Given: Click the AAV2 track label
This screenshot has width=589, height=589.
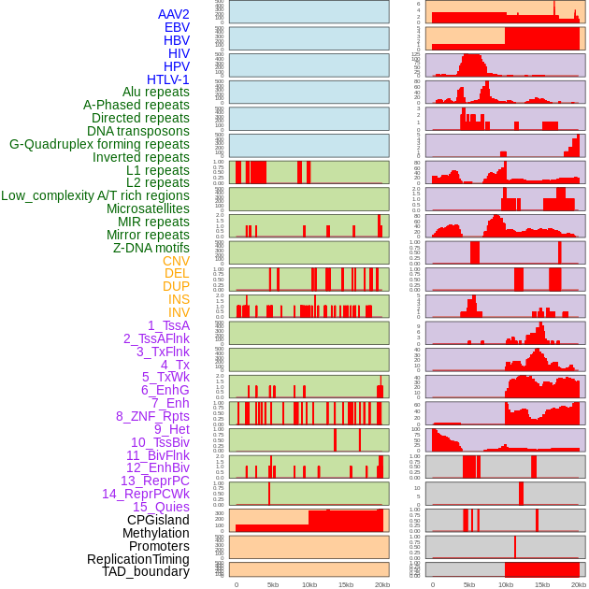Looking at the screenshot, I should point(173,14).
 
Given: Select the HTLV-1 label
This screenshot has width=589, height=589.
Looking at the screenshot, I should point(167,79).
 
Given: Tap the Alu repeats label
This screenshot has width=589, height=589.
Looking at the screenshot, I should point(155,92).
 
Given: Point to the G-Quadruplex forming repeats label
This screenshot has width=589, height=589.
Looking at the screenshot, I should point(99,144).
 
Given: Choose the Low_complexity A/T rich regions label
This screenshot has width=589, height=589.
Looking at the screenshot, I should point(95,195).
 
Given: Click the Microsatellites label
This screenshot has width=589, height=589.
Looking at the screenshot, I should point(148,208).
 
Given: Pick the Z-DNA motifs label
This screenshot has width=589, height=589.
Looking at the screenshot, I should point(151,248).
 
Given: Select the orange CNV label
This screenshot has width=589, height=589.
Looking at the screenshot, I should point(176,261).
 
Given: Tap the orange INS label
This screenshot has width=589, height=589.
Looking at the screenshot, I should point(179,299).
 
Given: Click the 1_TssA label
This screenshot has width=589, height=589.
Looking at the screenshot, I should point(168,325).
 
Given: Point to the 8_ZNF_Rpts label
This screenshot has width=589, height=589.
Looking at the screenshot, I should point(152,416).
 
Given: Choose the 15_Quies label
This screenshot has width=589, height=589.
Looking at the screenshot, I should point(161,507).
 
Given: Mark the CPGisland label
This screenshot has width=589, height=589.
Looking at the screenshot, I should point(158,520).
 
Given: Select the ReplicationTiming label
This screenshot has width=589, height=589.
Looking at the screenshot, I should point(138,559).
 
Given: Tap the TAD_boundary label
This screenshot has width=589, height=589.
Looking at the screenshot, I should point(145,571).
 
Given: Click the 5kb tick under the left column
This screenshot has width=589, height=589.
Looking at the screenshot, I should point(273,584).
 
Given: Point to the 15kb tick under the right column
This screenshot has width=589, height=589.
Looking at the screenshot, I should point(542,584).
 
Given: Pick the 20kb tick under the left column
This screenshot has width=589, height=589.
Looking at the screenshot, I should point(382,584).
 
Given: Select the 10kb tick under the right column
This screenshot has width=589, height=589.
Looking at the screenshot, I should point(506,584).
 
